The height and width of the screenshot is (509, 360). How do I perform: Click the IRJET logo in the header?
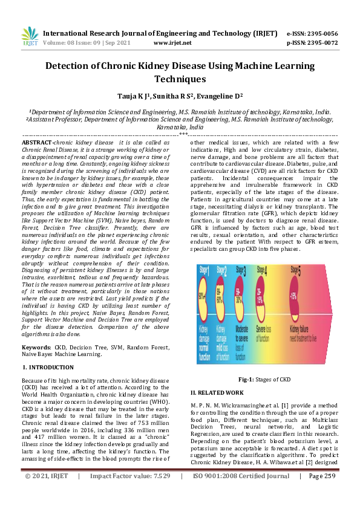coord(30,36)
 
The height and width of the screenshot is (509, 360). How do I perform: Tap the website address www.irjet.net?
coord(172,43)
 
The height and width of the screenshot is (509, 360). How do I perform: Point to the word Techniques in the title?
coord(180,79)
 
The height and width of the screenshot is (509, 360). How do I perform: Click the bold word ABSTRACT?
coord(37,141)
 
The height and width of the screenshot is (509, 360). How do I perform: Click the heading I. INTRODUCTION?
coord(48,367)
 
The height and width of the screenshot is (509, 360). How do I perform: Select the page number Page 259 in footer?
coord(321,493)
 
